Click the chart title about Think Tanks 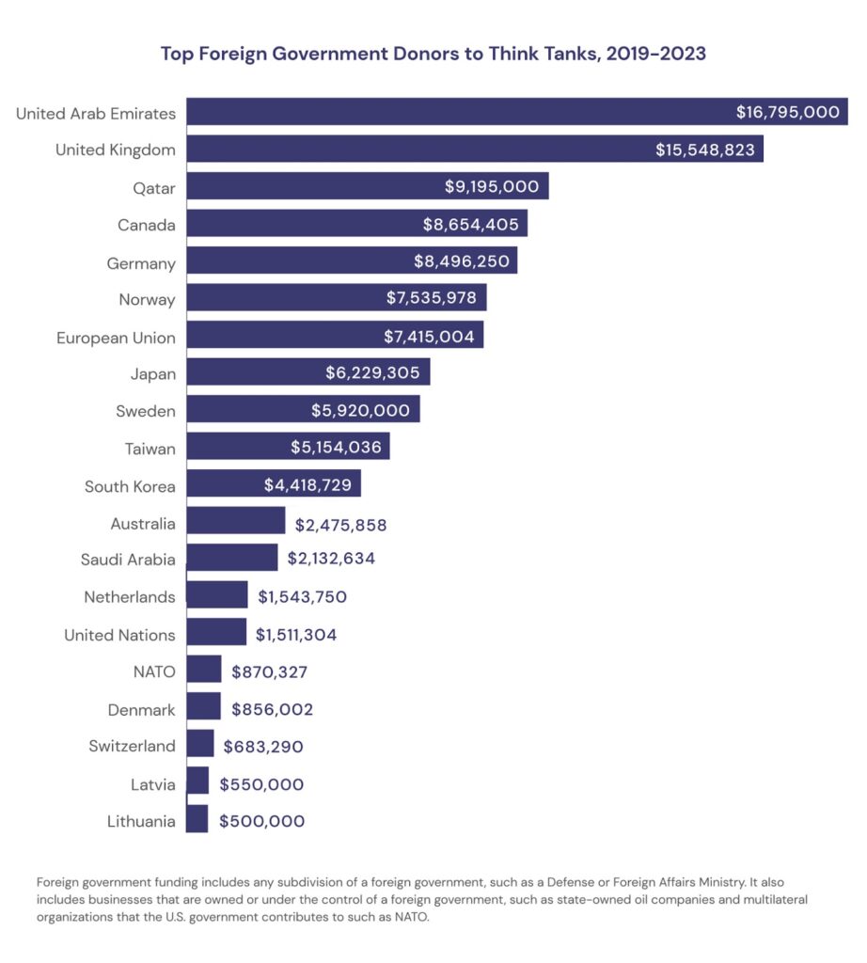click(x=433, y=54)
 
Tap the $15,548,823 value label click(x=705, y=150)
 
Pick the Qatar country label click(x=154, y=187)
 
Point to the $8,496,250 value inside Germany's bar click(x=462, y=261)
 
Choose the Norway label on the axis click(x=147, y=299)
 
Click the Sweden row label click(x=146, y=411)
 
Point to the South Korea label click(x=130, y=486)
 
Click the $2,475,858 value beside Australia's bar click(x=340, y=524)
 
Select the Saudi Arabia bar click(x=232, y=559)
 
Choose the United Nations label click(x=119, y=635)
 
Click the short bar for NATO click(x=204, y=671)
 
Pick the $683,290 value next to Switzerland click(x=263, y=747)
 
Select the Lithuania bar click(x=197, y=820)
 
